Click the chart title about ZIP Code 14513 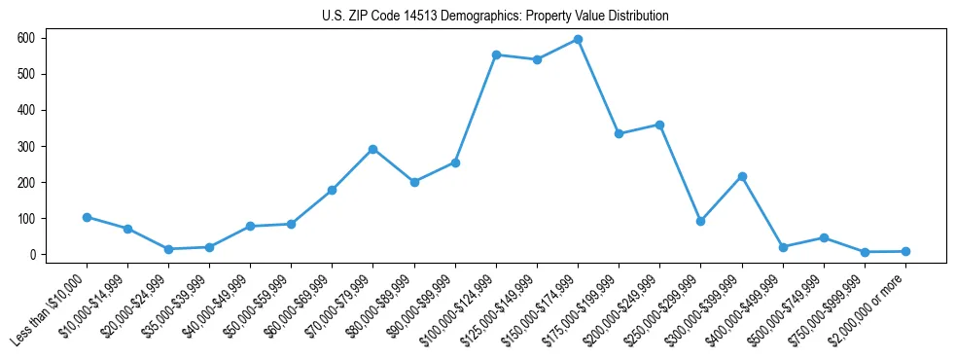(495, 17)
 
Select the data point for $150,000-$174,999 (578, 40)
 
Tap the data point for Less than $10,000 (87, 217)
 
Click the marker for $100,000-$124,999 (496, 54)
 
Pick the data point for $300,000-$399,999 (742, 176)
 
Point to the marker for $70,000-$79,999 (372, 149)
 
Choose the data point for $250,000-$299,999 (700, 221)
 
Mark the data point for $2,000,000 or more (905, 251)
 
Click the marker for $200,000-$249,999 (659, 125)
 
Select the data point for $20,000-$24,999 (168, 249)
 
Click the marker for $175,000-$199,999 (619, 133)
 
